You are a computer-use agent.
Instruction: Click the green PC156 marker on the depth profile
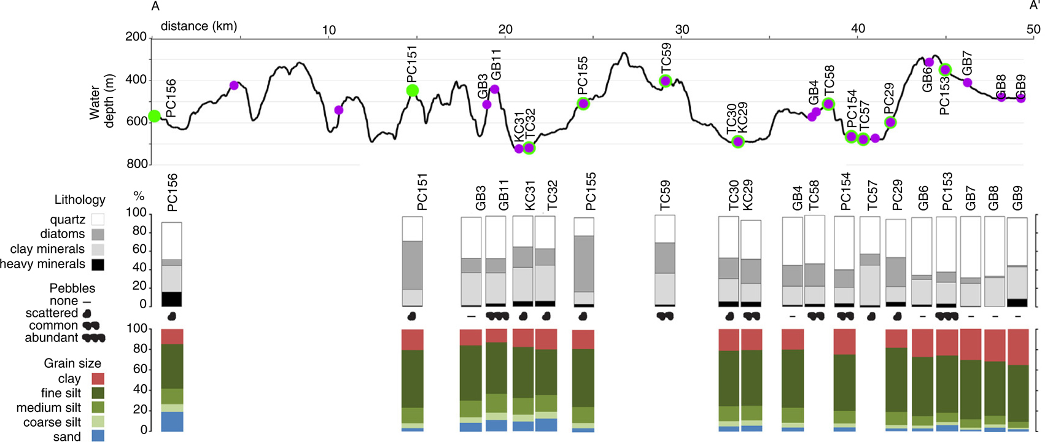click(x=154, y=116)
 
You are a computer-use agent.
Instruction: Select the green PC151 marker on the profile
click(x=413, y=91)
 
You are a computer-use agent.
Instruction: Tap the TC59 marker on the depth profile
click(x=665, y=81)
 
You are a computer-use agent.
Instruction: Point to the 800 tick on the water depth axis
click(x=136, y=164)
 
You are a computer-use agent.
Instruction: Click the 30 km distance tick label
click(x=682, y=29)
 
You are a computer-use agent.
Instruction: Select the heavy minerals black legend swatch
click(x=97, y=265)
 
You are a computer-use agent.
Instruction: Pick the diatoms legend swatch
click(x=97, y=235)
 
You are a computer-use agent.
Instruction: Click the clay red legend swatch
click(x=97, y=379)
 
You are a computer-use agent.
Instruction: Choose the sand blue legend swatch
click(x=97, y=436)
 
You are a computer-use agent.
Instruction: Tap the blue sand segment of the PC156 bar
click(x=172, y=421)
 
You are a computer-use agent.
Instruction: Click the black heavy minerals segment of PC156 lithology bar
click(x=172, y=299)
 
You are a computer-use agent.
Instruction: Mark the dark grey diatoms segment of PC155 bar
click(x=584, y=264)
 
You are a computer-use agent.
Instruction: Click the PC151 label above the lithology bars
click(x=422, y=192)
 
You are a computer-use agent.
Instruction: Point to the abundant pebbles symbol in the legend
click(x=94, y=338)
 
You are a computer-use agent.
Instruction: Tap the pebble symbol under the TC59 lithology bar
click(x=665, y=316)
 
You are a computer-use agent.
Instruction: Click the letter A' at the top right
click(x=1035, y=6)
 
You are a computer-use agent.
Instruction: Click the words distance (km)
click(x=198, y=26)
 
